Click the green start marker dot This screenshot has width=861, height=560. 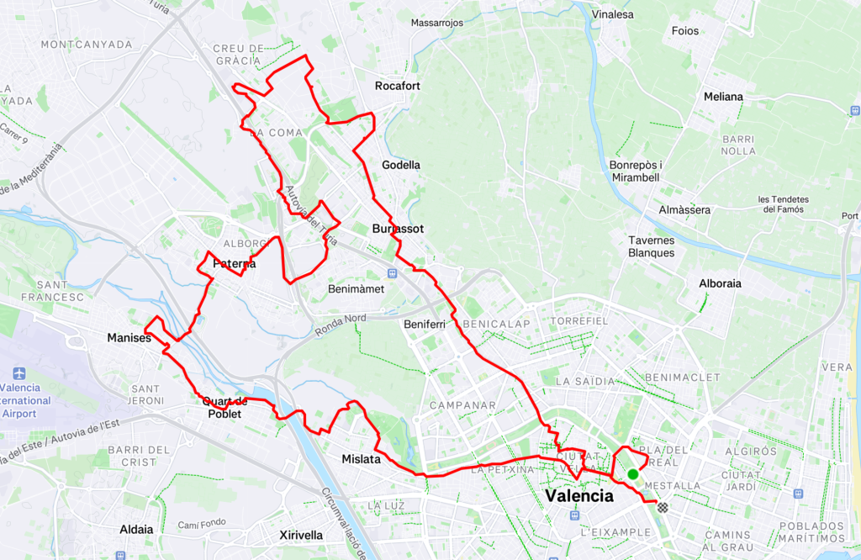point(633,474)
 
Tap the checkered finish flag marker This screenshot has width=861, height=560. point(663,507)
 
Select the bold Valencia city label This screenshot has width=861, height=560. point(579,496)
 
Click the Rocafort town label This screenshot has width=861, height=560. point(398,86)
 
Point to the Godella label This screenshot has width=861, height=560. point(401,165)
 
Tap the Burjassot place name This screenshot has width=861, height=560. point(398,229)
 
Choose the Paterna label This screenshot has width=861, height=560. point(234,264)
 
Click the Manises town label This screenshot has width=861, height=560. point(129,338)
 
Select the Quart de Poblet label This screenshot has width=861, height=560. point(222,407)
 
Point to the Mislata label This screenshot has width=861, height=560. point(362,459)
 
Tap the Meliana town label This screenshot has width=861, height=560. point(723,97)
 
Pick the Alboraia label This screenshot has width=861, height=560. point(721,283)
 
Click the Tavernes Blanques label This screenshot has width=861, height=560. point(652,246)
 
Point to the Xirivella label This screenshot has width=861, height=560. point(301,535)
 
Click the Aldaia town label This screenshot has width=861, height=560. point(137,529)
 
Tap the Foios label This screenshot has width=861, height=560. point(685,31)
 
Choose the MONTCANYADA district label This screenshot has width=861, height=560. point(87,44)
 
